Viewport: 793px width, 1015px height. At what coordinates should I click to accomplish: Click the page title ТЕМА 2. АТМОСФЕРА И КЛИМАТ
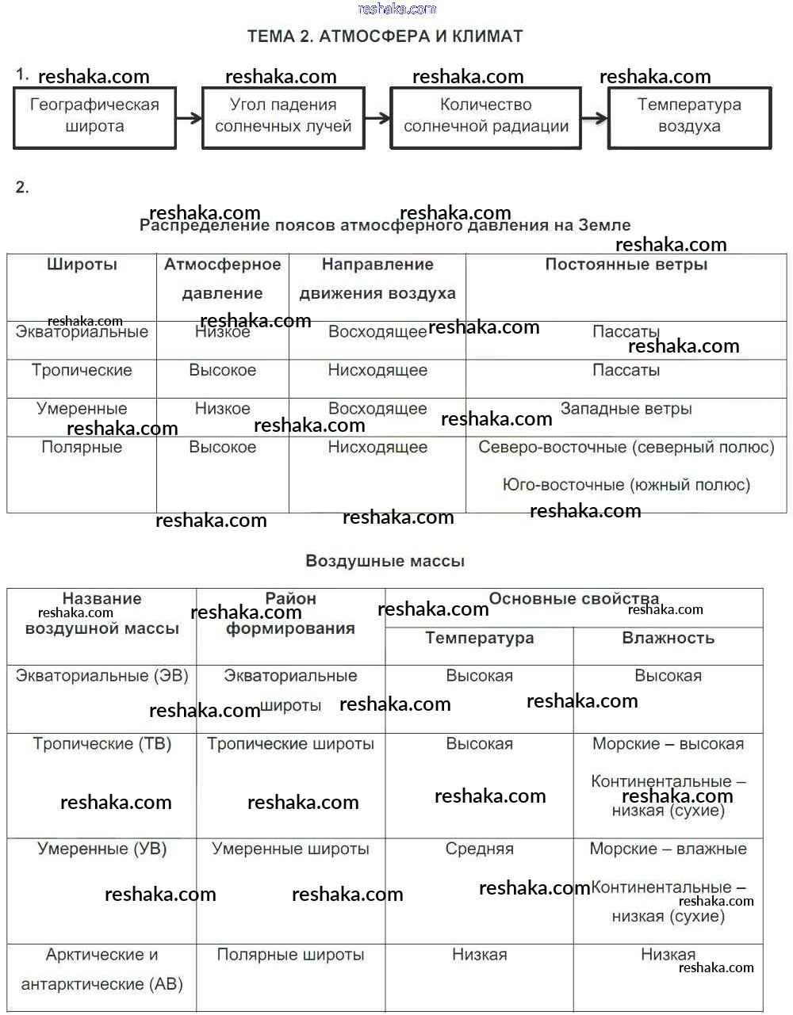click(385, 36)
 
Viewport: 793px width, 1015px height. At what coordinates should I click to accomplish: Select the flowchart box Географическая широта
click(94, 117)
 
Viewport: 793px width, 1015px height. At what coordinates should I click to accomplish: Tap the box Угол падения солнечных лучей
click(283, 117)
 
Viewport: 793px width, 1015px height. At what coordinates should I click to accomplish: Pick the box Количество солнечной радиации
click(485, 117)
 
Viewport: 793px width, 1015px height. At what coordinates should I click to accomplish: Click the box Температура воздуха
click(689, 117)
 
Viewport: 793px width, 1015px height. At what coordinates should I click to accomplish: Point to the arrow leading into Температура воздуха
click(594, 118)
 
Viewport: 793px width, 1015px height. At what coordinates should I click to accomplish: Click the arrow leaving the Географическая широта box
click(189, 118)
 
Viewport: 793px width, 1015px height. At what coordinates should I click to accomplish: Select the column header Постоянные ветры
click(626, 265)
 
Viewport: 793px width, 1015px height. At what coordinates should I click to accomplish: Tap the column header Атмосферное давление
click(222, 279)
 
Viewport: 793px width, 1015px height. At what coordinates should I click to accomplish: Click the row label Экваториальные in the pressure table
click(82, 332)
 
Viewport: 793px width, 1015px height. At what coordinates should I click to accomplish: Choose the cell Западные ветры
click(626, 409)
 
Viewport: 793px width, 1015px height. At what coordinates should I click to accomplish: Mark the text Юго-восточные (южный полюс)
click(626, 485)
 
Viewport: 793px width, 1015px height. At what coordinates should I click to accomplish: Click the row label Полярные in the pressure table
click(82, 447)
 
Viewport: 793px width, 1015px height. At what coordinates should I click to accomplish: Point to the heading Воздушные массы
click(385, 561)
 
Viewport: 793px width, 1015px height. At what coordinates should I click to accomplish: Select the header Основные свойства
click(573, 599)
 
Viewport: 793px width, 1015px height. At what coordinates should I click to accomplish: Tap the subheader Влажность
click(668, 638)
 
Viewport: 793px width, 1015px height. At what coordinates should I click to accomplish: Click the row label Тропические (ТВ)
click(102, 744)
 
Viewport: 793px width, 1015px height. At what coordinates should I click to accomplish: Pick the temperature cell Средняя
click(479, 849)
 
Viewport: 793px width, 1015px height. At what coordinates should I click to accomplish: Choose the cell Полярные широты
click(290, 955)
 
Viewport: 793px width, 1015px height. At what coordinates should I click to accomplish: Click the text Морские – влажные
click(668, 849)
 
